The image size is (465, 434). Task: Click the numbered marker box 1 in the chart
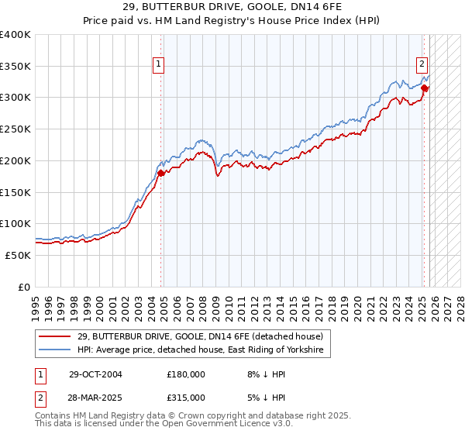(x=158, y=65)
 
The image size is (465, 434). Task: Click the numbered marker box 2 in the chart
(x=422, y=65)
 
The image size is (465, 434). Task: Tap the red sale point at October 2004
(x=161, y=173)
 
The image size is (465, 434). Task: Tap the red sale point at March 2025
(x=425, y=88)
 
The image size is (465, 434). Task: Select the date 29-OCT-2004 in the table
(x=95, y=374)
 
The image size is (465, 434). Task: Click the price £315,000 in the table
(x=186, y=397)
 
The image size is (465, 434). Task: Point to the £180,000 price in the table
(x=186, y=374)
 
